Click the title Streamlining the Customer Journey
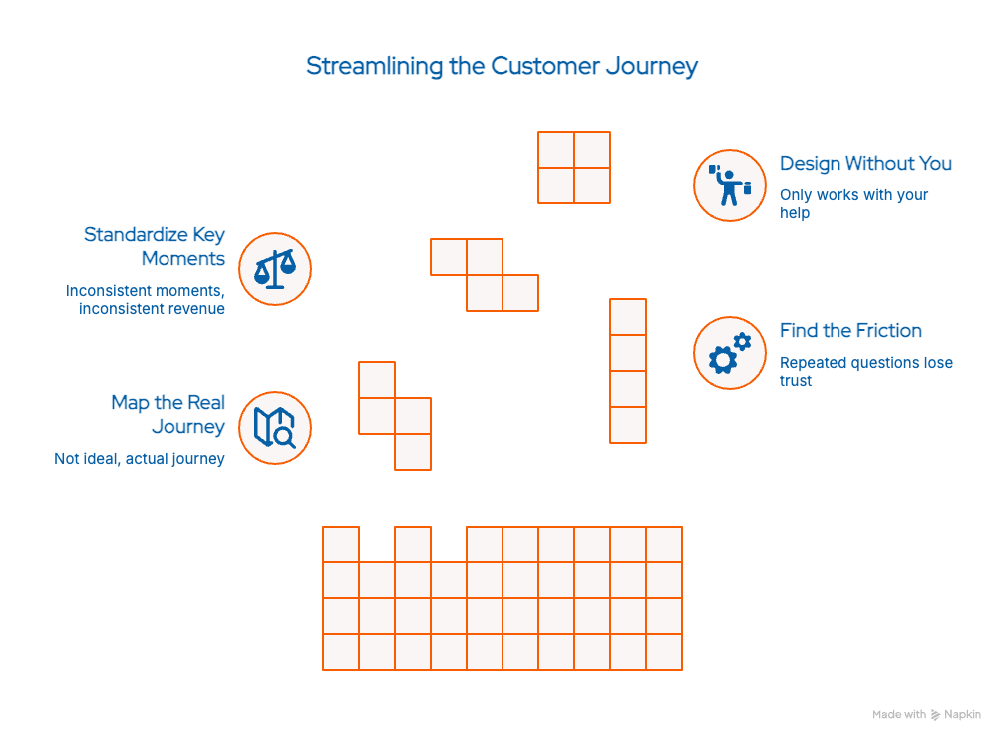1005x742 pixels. point(502,67)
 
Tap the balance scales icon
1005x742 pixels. point(275,269)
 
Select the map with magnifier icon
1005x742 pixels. point(275,427)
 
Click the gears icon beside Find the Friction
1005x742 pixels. point(729,353)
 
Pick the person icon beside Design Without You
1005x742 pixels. point(729,185)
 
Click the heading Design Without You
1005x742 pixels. point(865,164)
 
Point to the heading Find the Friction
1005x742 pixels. point(850,331)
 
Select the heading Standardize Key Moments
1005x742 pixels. point(155,247)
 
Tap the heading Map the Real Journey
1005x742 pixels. point(168,415)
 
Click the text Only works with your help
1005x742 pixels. point(853,203)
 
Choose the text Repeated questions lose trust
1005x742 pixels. point(865,371)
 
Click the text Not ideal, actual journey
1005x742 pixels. point(140,459)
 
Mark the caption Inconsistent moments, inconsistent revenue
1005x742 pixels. point(146,299)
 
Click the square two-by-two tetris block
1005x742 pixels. point(574,168)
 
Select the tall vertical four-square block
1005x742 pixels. point(628,371)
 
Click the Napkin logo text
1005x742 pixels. point(962,715)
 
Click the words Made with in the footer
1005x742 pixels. point(898,715)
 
